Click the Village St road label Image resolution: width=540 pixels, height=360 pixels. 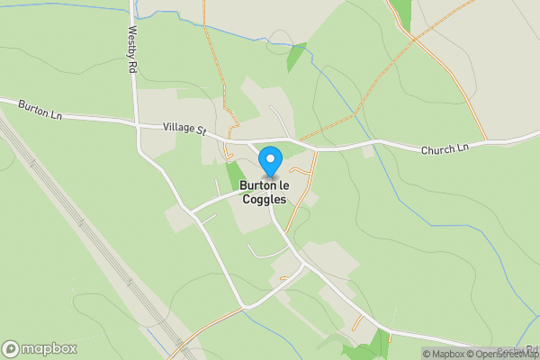tap(184, 130)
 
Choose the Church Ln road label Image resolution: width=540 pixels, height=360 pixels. tap(445, 148)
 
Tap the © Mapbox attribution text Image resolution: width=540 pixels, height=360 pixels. tap(445, 354)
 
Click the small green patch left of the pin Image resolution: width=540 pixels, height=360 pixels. tap(234, 175)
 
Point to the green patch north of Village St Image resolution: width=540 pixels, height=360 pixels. tap(296, 57)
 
